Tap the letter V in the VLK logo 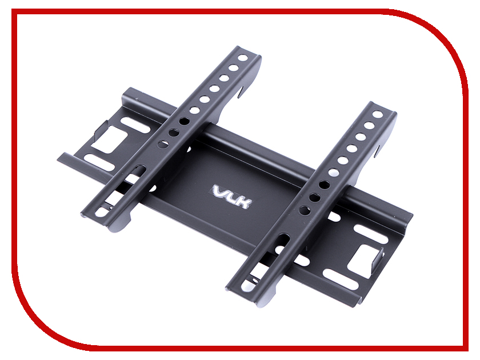click(220, 190)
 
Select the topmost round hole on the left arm click(243, 58)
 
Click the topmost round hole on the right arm click(378, 114)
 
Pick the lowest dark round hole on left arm click(163, 144)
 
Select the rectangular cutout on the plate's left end click(112, 140)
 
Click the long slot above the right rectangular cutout click(366, 233)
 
